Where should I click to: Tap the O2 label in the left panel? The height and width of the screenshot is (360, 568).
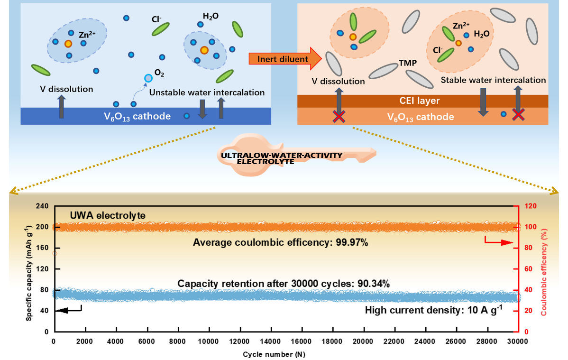159,74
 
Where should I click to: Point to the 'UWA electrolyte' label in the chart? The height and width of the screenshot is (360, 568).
108,216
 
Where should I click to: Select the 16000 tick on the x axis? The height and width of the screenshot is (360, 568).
301,342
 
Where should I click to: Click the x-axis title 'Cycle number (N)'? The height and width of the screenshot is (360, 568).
277,354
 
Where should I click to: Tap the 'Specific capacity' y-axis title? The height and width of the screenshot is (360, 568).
29,269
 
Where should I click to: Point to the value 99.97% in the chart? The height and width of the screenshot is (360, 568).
350,243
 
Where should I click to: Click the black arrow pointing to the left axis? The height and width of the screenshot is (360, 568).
69,310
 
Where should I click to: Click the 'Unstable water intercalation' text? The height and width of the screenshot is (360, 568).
207,92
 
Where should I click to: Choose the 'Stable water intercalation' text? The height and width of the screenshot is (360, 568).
493,80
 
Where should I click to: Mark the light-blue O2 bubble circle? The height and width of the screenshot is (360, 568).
148,78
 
